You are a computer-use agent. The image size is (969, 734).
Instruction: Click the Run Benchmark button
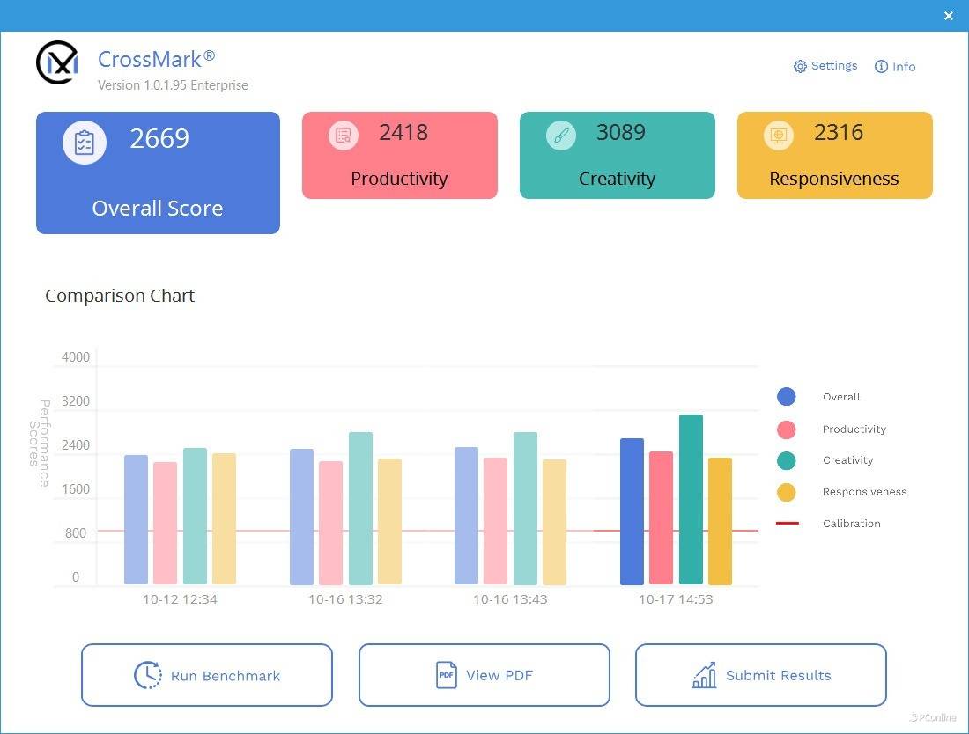coord(207,675)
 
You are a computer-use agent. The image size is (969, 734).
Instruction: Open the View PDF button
coord(484,675)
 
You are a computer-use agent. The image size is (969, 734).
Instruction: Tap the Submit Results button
coord(760,675)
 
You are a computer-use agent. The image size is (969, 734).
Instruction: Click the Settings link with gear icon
coord(825,66)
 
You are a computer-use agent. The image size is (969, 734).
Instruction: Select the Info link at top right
coord(895,67)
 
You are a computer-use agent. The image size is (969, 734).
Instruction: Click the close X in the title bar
coord(948,16)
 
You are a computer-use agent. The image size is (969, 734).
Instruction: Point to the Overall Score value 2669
coord(159,139)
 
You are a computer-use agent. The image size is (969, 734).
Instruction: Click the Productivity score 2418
coord(403,133)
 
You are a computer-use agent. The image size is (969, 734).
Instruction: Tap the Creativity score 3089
coord(621,133)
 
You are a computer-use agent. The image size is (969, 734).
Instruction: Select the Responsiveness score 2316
coord(839,133)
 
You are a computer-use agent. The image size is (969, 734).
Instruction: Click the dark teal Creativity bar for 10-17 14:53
coord(691,499)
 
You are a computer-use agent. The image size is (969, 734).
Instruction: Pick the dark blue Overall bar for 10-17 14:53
coord(632,511)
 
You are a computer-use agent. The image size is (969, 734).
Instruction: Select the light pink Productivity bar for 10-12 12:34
coord(165,523)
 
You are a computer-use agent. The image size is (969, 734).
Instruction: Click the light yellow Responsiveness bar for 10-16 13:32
coord(389,521)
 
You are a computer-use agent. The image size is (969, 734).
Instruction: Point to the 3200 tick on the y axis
coord(76,401)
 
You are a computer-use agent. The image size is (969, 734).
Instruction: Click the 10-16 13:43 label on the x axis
coord(510,599)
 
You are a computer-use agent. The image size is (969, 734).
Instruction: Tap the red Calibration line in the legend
coord(788,524)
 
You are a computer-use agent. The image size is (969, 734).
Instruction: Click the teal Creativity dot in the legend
coord(787,460)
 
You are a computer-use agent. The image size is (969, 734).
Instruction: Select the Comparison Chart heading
coord(120,296)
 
